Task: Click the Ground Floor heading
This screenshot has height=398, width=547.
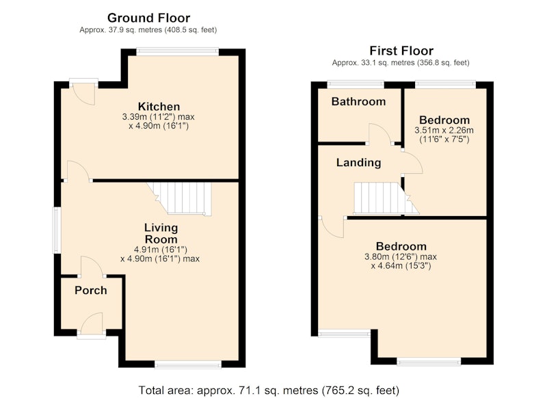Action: point(148,18)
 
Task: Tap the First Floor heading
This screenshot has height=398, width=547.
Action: point(401,51)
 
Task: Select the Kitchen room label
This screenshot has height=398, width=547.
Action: point(159,107)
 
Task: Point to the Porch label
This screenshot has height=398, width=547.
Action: point(91,290)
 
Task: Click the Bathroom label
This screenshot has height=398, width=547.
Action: point(358,101)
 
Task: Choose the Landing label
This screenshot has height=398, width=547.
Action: point(358,163)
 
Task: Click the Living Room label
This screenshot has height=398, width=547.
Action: point(161,234)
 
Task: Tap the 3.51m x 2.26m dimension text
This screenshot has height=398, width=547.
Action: point(444,131)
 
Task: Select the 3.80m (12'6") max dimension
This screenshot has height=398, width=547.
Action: point(401,257)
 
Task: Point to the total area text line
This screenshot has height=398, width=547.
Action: point(269,390)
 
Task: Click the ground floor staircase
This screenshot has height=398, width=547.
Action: point(180,198)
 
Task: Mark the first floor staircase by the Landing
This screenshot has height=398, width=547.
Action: point(386,198)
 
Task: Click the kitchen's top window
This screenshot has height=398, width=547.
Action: point(177,51)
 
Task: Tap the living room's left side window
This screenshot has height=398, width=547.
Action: point(57,230)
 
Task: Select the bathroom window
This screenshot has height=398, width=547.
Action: point(356,84)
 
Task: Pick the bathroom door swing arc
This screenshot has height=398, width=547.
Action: point(379,133)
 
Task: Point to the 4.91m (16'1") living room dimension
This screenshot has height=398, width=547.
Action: point(161,250)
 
